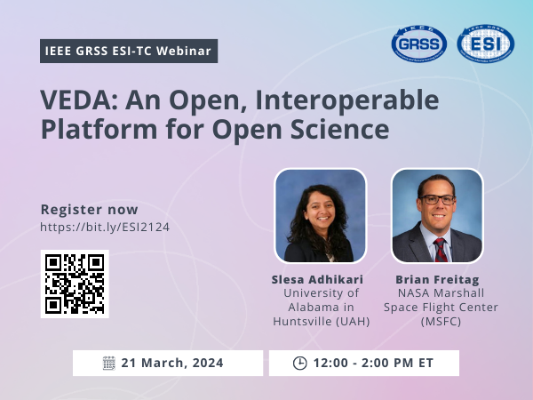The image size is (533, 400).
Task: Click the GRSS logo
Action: click(418, 44)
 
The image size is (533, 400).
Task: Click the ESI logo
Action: click(485, 44)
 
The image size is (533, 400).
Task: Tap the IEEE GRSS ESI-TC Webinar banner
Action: click(129, 51)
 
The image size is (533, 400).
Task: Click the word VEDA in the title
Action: click(78, 100)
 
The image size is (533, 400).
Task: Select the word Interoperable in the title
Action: click(347, 100)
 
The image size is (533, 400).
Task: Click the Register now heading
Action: click(90, 210)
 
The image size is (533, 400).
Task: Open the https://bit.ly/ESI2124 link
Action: click(105, 227)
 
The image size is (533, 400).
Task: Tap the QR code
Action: click(75, 284)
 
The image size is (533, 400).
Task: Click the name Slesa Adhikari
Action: click(317, 280)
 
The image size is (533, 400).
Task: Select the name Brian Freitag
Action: click(437, 280)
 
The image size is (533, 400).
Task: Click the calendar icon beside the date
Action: click(109, 363)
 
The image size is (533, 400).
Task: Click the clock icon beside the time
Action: click(300, 363)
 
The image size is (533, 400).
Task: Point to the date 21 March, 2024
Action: click(172, 363)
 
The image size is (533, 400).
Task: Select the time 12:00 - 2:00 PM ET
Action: click(374, 363)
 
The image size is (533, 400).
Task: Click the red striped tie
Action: click(441, 250)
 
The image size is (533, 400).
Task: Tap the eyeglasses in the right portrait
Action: click(437, 200)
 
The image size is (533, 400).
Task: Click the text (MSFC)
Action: click(441, 322)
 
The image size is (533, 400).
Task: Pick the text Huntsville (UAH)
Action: click(322, 322)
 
